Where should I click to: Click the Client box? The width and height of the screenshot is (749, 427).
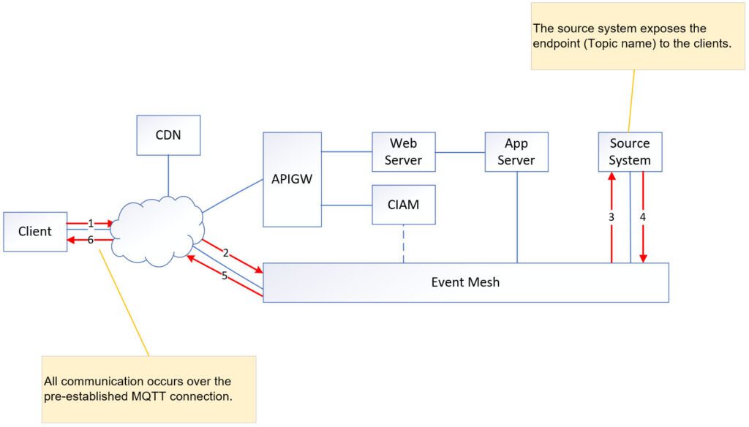coord(35,232)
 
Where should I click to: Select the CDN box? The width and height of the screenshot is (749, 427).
coord(168,135)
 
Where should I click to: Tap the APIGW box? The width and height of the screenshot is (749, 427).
coord(292,179)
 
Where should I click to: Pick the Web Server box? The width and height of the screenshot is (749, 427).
coord(403,152)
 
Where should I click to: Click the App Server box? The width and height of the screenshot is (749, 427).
coord(516,152)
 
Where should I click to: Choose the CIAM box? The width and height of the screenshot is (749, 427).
coord(403,204)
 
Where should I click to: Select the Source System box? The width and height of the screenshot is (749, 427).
coord(630,152)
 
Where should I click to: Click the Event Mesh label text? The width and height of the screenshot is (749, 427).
coord(465,281)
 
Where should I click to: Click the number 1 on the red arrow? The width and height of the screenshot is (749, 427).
coord(90,223)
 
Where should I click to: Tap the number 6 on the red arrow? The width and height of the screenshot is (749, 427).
coord(90,240)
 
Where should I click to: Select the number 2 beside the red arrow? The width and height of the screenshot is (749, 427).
coord(226,253)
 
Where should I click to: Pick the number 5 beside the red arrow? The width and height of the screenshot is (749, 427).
coord(225,276)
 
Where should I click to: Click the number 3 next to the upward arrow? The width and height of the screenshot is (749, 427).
coord(611,217)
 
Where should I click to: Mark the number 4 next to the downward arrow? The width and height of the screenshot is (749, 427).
coord(643,217)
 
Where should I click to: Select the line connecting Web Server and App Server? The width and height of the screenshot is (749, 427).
coord(460,152)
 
